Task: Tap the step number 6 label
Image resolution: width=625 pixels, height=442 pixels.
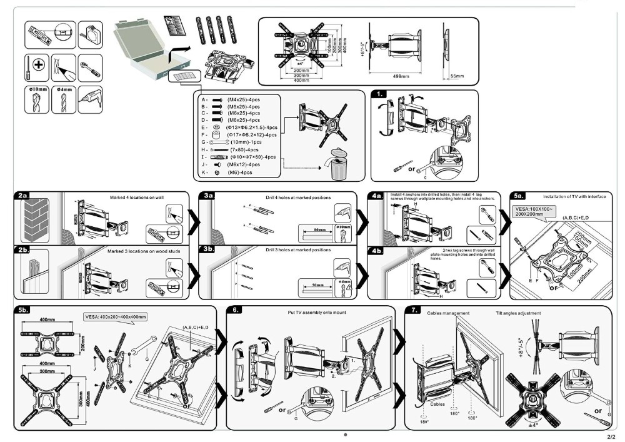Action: [234, 310]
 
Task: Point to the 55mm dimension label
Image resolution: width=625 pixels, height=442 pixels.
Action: [457, 76]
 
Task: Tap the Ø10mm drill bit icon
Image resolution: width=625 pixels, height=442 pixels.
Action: [38, 99]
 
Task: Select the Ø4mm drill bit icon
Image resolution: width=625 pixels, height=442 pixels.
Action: [64, 99]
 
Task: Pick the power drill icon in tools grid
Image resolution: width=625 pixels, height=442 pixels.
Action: [89, 99]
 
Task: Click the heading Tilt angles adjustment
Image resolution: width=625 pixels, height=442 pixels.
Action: [518, 313]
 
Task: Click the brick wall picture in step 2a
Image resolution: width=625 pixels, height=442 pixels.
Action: [35, 219]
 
